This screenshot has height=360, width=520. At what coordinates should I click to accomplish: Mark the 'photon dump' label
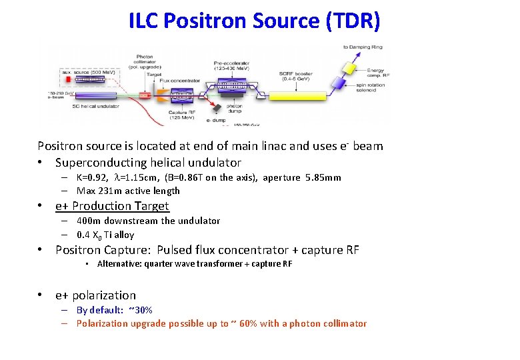point(234,107)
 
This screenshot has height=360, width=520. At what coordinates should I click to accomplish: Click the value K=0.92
point(92,177)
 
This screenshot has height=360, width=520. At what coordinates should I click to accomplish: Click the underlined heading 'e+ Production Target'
point(112,206)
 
